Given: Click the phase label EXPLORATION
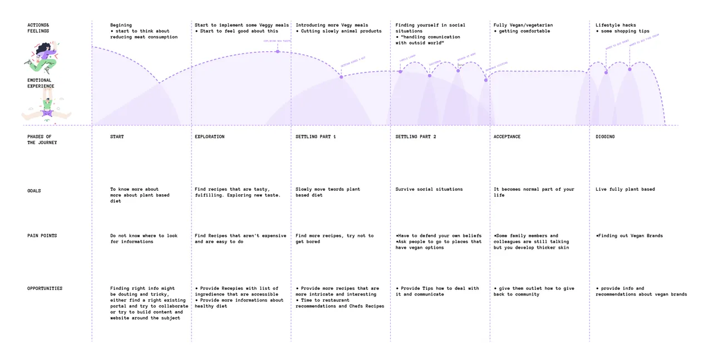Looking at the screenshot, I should coord(209,137).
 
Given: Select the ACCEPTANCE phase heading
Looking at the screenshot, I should coord(507,137).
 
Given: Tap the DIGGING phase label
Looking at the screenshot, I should coord(605,137).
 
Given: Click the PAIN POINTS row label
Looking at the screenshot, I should coord(42,236).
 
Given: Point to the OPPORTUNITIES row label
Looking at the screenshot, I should coord(45,289).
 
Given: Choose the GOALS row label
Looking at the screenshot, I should coord(34,191).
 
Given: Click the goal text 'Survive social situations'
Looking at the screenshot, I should coord(429,190).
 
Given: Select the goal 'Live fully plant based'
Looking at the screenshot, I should coord(625,190).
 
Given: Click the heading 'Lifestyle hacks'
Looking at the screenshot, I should coord(616,25).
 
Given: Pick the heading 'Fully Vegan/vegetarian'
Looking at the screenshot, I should coord(523,25).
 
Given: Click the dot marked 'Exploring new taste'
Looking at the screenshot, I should coord(277,52).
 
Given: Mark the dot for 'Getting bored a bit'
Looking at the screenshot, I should coord(341,77).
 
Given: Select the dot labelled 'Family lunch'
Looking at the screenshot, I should coord(400,71).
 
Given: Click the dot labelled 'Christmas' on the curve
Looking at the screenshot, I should coord(430,75).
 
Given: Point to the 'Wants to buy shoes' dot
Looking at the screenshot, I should coord(606,72).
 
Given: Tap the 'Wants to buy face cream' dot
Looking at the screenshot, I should coord(630,69).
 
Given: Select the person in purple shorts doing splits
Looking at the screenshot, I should coord(47,109).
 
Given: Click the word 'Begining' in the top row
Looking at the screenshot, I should coord(121,25).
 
